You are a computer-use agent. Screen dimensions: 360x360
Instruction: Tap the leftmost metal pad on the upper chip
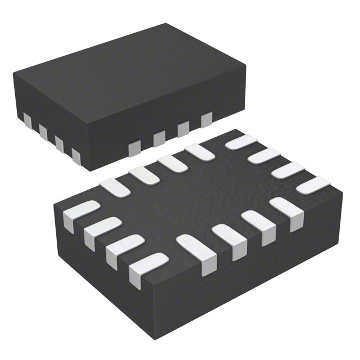27,119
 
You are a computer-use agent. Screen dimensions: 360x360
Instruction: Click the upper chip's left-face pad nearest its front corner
76,153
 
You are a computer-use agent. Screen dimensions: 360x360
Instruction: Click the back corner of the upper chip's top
166,24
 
